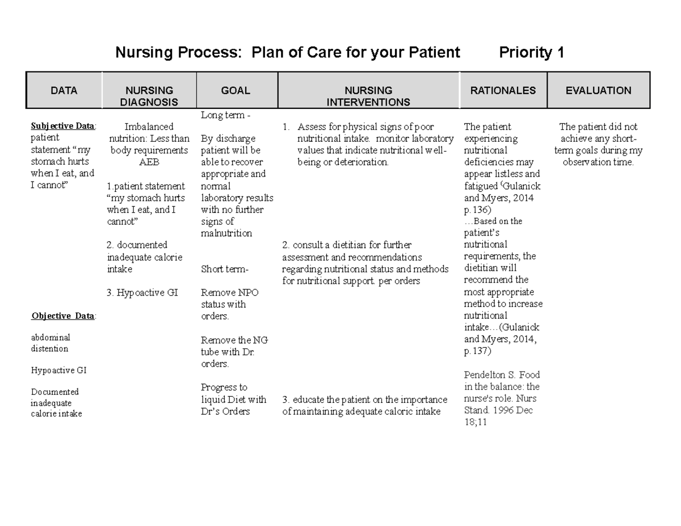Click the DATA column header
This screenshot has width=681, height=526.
click(x=64, y=90)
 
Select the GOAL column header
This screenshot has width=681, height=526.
click(x=236, y=90)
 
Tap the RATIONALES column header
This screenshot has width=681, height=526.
click(x=503, y=90)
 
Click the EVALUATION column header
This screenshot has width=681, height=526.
click(x=598, y=90)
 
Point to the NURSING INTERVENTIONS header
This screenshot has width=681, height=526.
click(x=368, y=96)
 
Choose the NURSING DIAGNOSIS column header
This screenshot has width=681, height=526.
click(x=149, y=96)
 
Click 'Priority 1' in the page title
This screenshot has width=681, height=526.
click(x=531, y=53)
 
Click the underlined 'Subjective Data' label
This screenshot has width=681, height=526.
click(x=63, y=126)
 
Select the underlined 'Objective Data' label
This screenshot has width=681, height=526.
click(x=63, y=316)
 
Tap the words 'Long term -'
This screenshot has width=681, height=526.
click(x=225, y=115)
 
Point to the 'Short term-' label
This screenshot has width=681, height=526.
click(x=225, y=269)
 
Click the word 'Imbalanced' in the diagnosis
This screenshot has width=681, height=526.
click(x=149, y=127)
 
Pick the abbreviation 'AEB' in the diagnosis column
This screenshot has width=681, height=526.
click(x=149, y=162)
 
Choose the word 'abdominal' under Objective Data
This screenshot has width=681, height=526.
click(x=51, y=338)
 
